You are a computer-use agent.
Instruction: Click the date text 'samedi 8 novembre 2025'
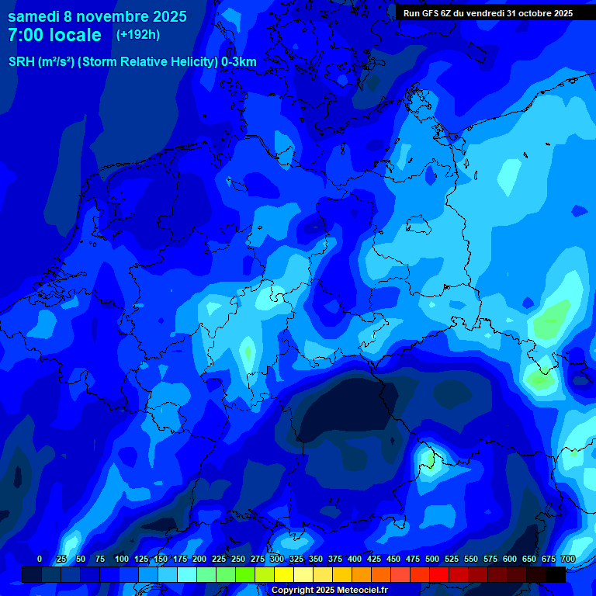tap(97, 16)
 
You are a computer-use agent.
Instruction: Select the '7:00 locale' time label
tap(54, 35)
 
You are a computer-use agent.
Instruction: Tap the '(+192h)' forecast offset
tap(138, 35)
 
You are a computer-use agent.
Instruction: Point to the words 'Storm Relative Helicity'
tap(147, 62)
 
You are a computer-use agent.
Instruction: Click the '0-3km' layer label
tap(239, 62)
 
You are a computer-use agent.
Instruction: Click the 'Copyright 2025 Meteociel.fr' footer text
tap(329, 591)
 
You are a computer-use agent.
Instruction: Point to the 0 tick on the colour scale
tap(40, 559)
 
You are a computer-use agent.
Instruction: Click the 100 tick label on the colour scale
tap(121, 559)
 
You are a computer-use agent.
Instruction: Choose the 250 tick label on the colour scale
tap(238, 559)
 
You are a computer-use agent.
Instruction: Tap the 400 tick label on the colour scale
tap(355, 559)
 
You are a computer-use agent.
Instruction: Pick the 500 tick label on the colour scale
tap(432, 559)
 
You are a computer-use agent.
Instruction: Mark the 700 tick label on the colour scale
tap(568, 559)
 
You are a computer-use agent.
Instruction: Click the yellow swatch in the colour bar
tap(284, 575)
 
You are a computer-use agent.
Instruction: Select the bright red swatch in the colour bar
tap(439, 575)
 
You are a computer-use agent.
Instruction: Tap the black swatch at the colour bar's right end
tap(556, 575)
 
